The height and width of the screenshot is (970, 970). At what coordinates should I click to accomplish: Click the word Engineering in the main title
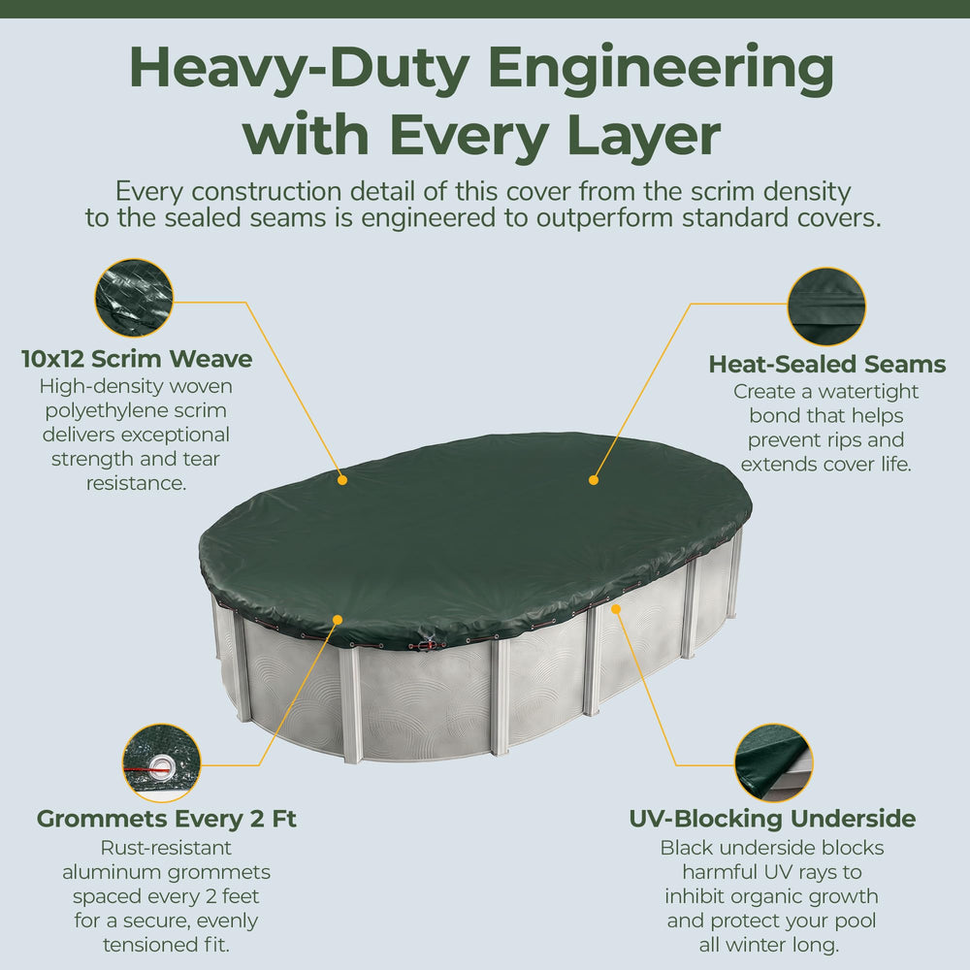[x=661, y=69]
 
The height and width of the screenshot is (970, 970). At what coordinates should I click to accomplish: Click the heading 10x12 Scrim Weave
[x=137, y=359]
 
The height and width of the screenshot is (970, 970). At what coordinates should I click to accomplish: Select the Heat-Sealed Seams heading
[x=827, y=365]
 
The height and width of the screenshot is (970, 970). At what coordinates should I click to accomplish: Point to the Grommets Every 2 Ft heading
[x=167, y=819]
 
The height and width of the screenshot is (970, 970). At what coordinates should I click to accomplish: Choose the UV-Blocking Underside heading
[x=772, y=819]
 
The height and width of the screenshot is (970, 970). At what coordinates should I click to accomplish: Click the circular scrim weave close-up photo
[x=134, y=298]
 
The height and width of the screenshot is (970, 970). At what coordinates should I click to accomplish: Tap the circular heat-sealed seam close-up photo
[x=826, y=307]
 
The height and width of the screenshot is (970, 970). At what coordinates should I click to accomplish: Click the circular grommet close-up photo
[x=161, y=763]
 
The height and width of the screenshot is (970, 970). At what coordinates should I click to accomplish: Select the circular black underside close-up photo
[x=774, y=763]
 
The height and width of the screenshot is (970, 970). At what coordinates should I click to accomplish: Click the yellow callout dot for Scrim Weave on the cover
[x=342, y=479]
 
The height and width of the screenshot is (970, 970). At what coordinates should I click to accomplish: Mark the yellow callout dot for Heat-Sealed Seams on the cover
[x=594, y=479]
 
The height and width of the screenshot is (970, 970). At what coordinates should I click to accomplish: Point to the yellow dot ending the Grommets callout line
[x=338, y=619]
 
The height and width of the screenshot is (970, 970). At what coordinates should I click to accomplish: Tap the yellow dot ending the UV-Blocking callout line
[x=616, y=609]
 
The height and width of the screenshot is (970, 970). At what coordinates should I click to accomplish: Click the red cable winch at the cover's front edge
[x=425, y=643]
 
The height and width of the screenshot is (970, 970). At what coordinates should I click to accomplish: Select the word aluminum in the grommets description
[x=112, y=872]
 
